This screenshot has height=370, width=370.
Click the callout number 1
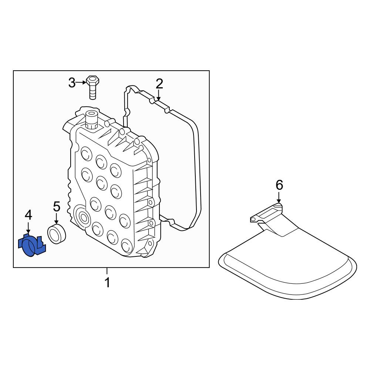107,282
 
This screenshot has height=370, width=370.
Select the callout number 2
159,84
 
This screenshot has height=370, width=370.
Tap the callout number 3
72,83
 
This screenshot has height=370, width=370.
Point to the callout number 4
28,215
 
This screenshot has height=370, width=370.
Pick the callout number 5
57,206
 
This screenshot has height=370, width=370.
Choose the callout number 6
279,185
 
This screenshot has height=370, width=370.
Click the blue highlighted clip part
31,245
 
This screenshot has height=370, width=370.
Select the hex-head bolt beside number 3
93,88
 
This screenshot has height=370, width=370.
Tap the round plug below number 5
57,234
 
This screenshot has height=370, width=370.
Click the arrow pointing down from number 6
279,198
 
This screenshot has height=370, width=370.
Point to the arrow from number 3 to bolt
81,83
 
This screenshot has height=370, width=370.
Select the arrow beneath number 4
28,228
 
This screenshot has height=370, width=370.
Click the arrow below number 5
56,219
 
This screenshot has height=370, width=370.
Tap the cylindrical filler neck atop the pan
91,120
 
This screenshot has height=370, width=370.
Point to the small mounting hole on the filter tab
253,219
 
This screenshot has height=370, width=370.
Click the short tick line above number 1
107,271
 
